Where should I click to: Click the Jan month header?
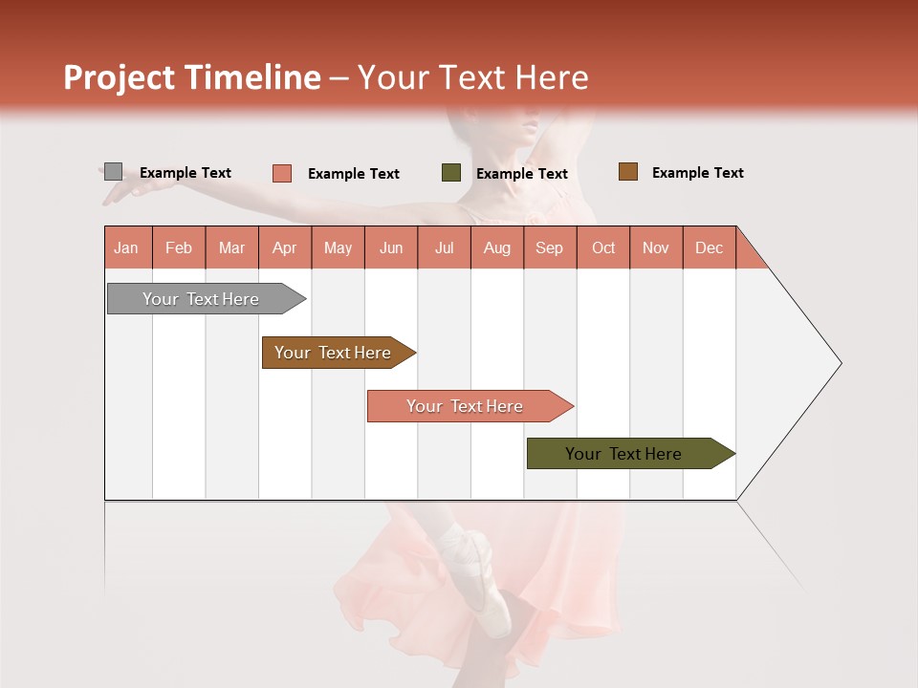click(126, 248)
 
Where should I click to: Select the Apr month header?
click(284, 248)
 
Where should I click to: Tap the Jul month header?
click(444, 248)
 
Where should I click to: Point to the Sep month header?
click(549, 248)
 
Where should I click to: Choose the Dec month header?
click(709, 248)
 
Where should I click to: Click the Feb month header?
click(179, 248)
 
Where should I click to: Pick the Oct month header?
click(603, 248)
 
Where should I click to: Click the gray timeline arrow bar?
click(201, 299)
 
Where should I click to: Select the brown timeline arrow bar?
click(333, 353)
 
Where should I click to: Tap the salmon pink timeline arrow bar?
click(465, 406)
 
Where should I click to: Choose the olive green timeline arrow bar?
click(623, 454)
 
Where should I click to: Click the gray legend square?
click(113, 172)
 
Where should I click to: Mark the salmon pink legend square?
click(281, 173)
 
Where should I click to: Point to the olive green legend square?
click(451, 173)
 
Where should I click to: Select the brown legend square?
click(627, 172)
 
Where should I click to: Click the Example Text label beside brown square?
click(697, 173)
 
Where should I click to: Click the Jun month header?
click(391, 248)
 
